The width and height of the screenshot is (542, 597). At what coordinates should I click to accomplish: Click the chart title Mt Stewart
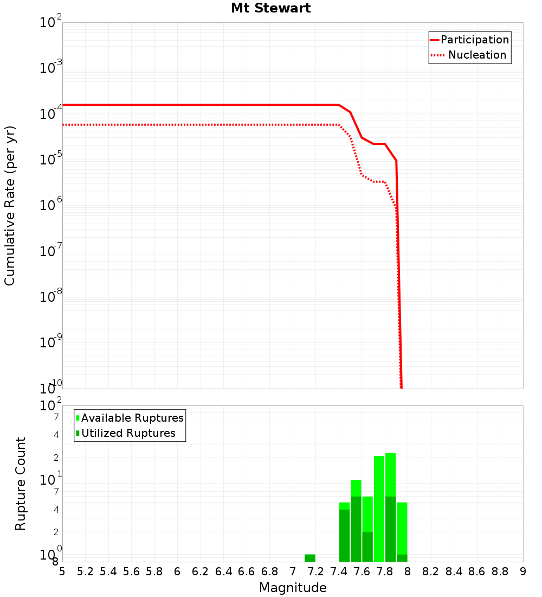[270, 8]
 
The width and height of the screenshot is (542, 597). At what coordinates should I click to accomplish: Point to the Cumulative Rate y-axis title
[10, 205]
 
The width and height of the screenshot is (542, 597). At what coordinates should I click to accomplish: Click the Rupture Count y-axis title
[21, 484]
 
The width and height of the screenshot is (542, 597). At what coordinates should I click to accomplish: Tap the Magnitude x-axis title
[293, 588]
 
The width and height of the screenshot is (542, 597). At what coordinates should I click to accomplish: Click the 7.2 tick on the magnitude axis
[315, 571]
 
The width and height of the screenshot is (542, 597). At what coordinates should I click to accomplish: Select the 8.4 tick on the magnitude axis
[454, 571]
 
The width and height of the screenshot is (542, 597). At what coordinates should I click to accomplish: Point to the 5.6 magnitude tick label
[131, 571]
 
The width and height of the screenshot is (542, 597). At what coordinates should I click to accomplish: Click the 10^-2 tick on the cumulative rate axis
[51, 23]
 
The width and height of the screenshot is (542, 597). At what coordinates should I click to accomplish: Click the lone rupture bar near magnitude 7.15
[310, 558]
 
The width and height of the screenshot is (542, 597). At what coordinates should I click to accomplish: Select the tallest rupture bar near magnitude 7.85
[390, 507]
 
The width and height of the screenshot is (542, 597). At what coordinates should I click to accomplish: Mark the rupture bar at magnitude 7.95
[402, 532]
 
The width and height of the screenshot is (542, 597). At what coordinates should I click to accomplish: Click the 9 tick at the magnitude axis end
[523, 571]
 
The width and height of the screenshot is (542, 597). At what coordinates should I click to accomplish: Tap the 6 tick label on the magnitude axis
[177, 571]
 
